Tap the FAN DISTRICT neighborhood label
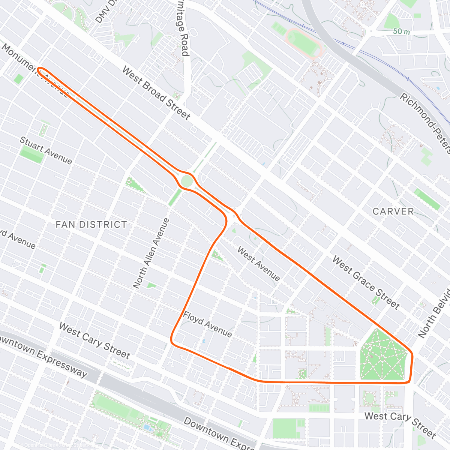[x=91, y=225]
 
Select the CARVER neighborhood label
[x=393, y=211]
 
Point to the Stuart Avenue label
[x=45, y=150]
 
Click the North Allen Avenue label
[x=151, y=253]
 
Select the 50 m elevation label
[x=401, y=32]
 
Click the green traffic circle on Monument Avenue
[x=187, y=181]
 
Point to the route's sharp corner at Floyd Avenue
[x=172, y=340]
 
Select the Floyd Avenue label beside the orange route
[x=207, y=324]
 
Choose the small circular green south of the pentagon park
[x=369, y=398]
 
